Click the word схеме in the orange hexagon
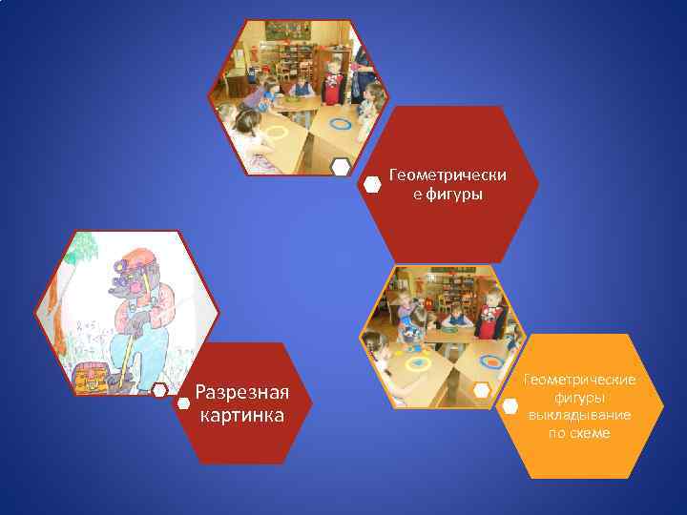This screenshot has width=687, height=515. click(x=596, y=434)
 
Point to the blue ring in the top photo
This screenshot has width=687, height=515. click(x=341, y=122)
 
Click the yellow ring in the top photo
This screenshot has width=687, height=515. click(x=277, y=133)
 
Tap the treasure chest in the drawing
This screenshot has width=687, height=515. click(x=90, y=378)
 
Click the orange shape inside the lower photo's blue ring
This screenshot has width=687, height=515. click(x=491, y=361)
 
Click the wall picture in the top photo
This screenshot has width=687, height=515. click(x=287, y=31)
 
